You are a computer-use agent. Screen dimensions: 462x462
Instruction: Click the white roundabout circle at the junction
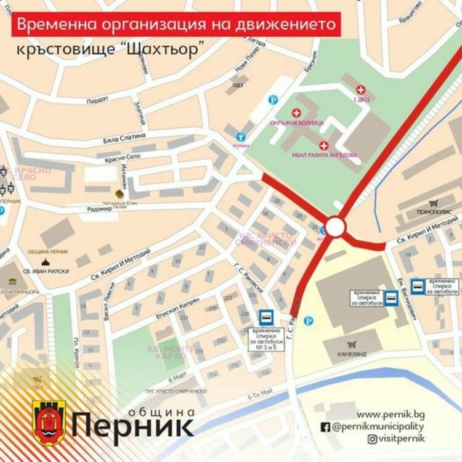pos(336,227)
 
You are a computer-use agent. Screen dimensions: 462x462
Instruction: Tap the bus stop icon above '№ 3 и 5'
pos(266,317)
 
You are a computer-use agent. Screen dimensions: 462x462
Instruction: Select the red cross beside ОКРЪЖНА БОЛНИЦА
pos(296,113)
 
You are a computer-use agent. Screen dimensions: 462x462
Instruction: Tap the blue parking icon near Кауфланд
pos(309,320)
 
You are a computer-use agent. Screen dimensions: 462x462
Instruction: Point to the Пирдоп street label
pos(97,99)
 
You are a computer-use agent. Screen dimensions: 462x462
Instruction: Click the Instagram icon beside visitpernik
pos(373,439)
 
